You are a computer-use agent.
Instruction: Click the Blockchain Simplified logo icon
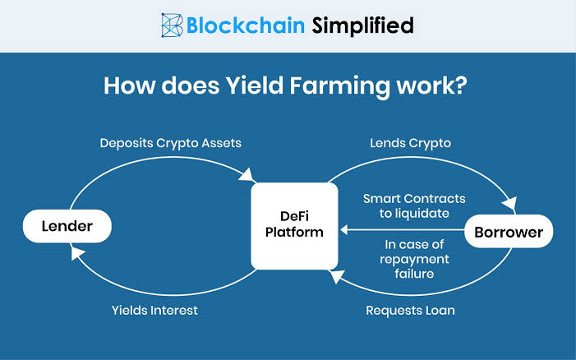click(173, 25)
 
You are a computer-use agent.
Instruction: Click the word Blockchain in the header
click(245, 25)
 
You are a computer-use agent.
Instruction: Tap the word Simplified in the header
click(362, 25)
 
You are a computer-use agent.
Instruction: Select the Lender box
click(66, 225)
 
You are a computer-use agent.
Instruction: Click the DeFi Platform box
click(293, 225)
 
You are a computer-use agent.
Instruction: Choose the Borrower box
click(509, 232)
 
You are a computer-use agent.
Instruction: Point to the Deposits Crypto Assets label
click(170, 143)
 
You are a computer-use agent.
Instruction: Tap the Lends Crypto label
click(411, 143)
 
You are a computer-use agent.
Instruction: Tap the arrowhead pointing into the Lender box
click(77, 255)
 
